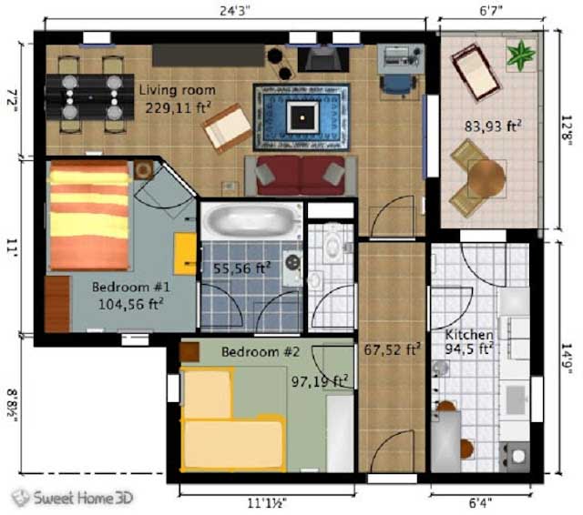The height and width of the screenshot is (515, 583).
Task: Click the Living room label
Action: point(178,90)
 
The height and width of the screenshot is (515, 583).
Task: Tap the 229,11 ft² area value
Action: point(179,107)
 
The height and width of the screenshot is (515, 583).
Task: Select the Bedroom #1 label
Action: point(131,287)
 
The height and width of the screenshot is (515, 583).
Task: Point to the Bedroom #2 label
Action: point(261,351)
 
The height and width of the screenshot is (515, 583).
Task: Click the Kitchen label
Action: point(469,335)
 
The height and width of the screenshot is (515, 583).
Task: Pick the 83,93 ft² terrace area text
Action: point(493,126)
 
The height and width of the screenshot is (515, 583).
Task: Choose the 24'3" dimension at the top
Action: point(235,10)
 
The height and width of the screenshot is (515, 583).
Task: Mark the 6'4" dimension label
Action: point(480,503)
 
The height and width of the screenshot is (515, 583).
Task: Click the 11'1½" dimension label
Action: point(267,503)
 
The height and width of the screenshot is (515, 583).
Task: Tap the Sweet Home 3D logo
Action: point(72,498)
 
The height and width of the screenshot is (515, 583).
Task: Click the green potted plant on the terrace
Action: point(522,55)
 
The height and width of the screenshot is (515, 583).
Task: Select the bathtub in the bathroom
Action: point(251,220)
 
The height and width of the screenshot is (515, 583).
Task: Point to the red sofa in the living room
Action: point(301,176)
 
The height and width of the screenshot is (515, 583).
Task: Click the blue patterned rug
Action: point(302,117)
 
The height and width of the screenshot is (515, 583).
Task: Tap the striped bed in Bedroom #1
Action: point(89,215)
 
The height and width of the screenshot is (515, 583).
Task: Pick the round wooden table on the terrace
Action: point(486,177)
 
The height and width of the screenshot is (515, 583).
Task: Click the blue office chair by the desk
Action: point(398,86)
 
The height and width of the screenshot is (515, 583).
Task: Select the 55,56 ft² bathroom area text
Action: point(241,268)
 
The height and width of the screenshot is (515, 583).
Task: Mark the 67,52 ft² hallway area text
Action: point(393,349)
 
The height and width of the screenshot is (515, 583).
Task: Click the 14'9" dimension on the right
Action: point(567,358)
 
